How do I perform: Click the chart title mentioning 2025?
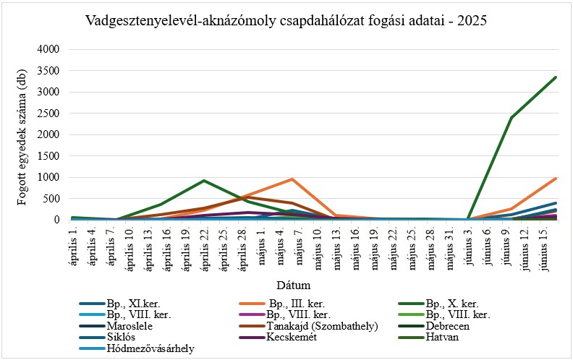(286, 20)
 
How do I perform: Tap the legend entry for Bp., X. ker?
(452, 304)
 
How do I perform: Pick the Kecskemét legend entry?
(290, 337)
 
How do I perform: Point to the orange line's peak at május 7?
(292, 179)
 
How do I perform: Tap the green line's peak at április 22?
(204, 181)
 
